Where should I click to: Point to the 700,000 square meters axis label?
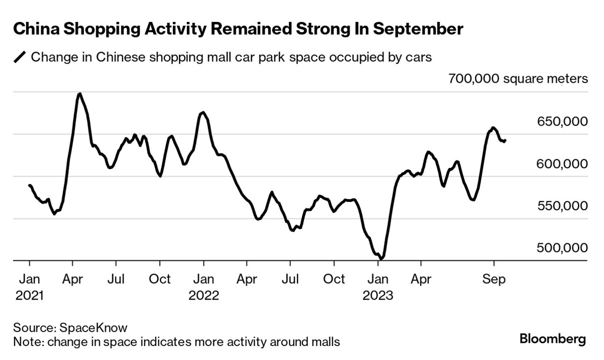518,79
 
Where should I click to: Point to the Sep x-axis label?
494,279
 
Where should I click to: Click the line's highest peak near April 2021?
79,94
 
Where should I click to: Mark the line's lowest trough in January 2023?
381,258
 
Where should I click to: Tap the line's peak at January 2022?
202,112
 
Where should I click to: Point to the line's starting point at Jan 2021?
29,186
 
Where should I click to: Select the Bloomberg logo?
553,339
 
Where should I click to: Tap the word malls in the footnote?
326,342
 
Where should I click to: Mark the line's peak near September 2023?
493,127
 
